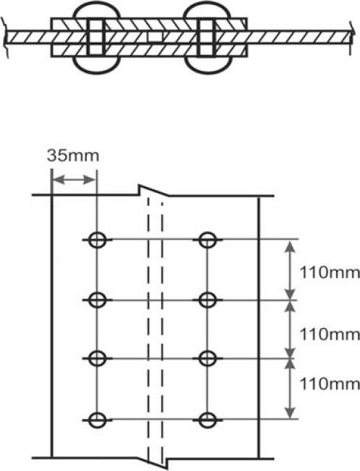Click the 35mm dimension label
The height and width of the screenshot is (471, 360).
coord(73,156)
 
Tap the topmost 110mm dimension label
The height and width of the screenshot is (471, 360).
coord(330,273)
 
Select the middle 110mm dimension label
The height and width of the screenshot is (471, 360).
coord(330,334)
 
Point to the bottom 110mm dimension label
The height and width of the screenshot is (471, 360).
coord(330,384)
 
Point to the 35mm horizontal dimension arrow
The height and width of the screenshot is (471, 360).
coord(74,180)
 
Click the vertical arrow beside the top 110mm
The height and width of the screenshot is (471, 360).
coord(290,269)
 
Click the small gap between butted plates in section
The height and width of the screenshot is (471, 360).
coord(155,37)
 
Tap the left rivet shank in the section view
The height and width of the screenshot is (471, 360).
coord(96,37)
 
